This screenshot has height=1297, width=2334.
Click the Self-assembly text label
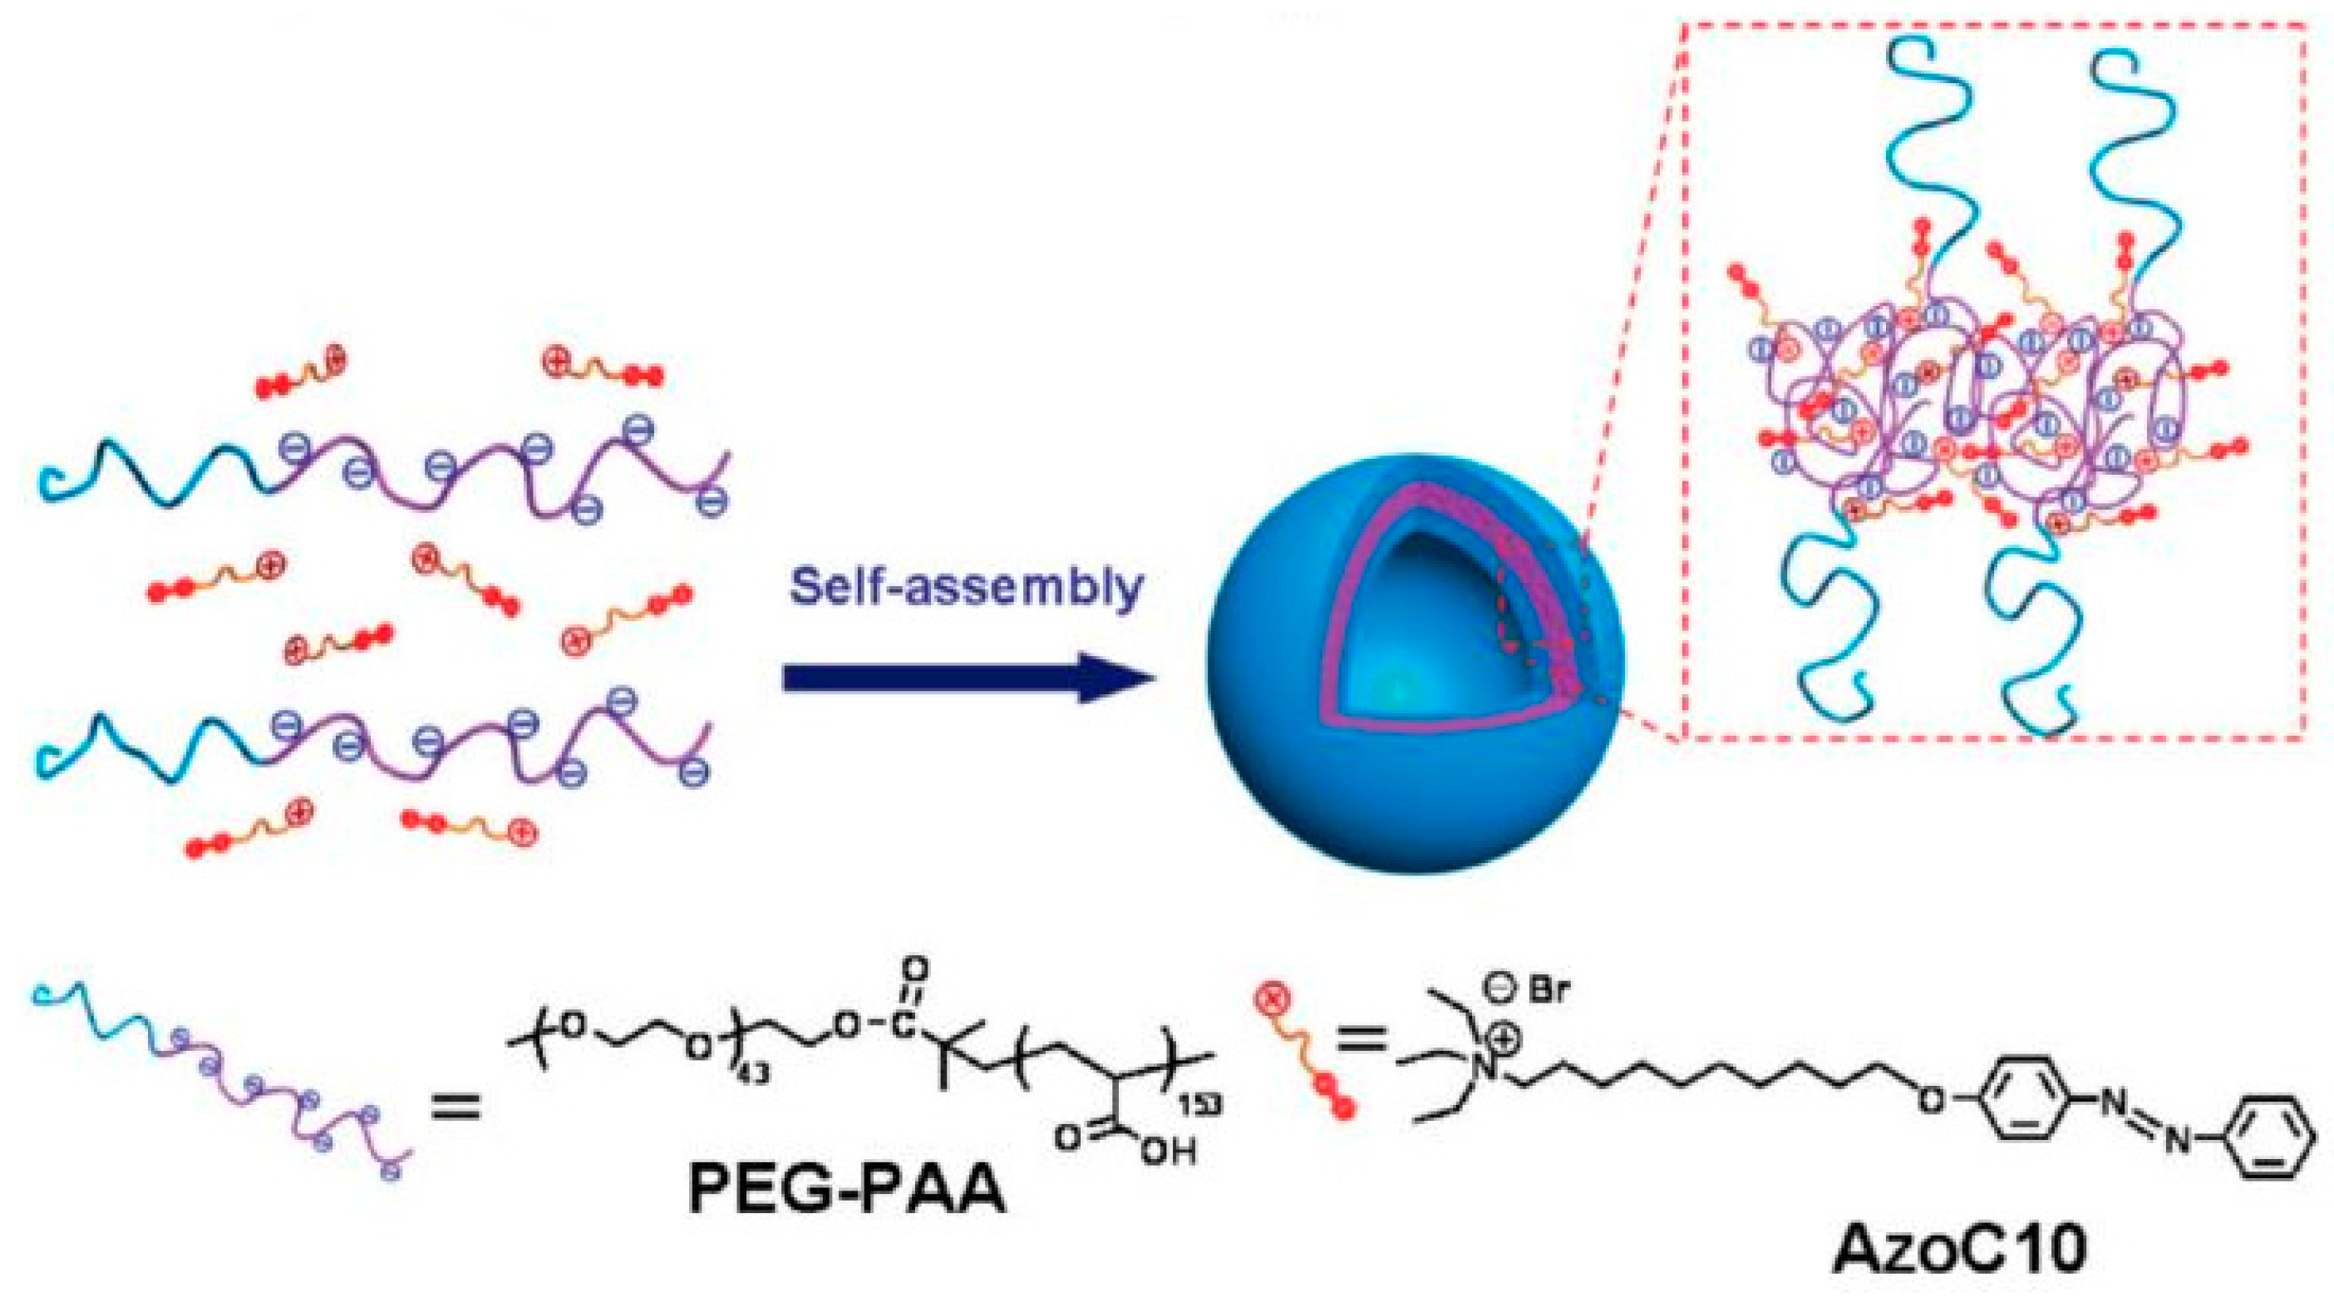coord(966,587)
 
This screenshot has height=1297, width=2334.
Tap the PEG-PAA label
coord(847,1188)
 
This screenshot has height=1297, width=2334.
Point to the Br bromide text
coord(1547,989)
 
